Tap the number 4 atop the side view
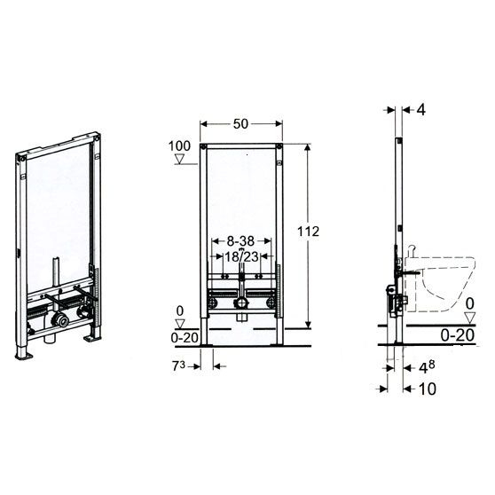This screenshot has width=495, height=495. [421, 110]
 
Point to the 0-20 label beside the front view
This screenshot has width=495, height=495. [185, 337]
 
